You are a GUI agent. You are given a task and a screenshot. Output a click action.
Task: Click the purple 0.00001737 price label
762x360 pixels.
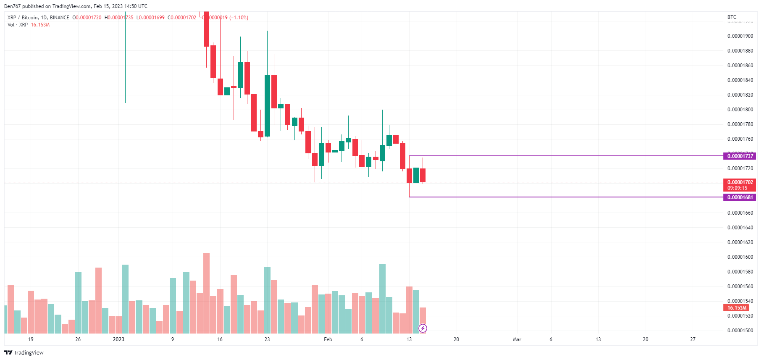pos(740,156)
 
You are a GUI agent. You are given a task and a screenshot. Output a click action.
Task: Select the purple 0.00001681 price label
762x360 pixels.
pos(740,197)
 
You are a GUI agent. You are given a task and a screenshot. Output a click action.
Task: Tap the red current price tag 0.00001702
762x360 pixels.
pos(740,182)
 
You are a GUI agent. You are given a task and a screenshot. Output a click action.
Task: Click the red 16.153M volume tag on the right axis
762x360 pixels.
pos(737,308)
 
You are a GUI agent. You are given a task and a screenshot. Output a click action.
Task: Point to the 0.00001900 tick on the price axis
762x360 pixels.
pos(740,36)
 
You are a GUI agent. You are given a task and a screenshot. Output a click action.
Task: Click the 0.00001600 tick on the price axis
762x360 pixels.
pos(740,257)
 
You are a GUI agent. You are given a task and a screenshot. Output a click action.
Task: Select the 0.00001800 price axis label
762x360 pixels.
pos(740,110)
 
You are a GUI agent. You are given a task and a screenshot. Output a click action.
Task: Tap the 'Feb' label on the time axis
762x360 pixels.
pos(328,339)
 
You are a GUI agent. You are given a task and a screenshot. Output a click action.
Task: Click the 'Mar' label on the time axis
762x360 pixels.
pos(517,339)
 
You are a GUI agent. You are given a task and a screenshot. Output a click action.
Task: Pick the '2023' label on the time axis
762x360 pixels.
pos(118,339)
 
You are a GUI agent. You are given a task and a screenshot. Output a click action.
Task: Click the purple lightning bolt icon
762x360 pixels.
pos(423,328)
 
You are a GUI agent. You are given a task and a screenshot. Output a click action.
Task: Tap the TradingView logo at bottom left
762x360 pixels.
pos(24,352)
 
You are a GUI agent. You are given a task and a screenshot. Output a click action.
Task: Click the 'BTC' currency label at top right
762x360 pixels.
pos(732,17)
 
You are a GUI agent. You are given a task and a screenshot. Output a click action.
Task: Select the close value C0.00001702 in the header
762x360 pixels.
pos(182,18)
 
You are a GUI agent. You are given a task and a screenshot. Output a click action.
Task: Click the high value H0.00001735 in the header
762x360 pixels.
pos(119,18)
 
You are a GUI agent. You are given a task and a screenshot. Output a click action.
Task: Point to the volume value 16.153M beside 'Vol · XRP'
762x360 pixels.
pos(40,25)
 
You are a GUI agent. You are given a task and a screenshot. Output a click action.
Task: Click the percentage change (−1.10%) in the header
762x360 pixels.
pos(239,18)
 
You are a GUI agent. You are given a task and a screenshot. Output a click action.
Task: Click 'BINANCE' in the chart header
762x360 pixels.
pos(59,18)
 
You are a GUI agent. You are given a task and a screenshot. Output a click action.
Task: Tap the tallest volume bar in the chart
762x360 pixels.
pos(206,293)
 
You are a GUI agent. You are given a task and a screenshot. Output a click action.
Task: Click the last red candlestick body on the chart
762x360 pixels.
pos(423,175)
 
